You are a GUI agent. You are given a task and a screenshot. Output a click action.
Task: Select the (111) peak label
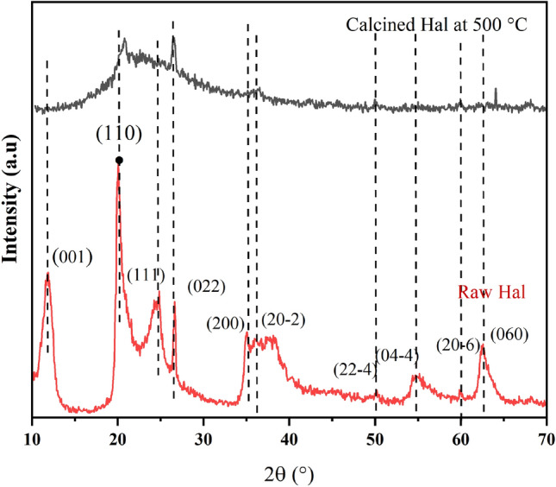point(145,275)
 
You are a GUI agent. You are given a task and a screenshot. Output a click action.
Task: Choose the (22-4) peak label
point(354,370)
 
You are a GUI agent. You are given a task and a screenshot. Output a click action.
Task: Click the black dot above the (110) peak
point(119,161)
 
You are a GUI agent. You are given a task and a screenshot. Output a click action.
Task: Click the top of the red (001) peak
point(47,274)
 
